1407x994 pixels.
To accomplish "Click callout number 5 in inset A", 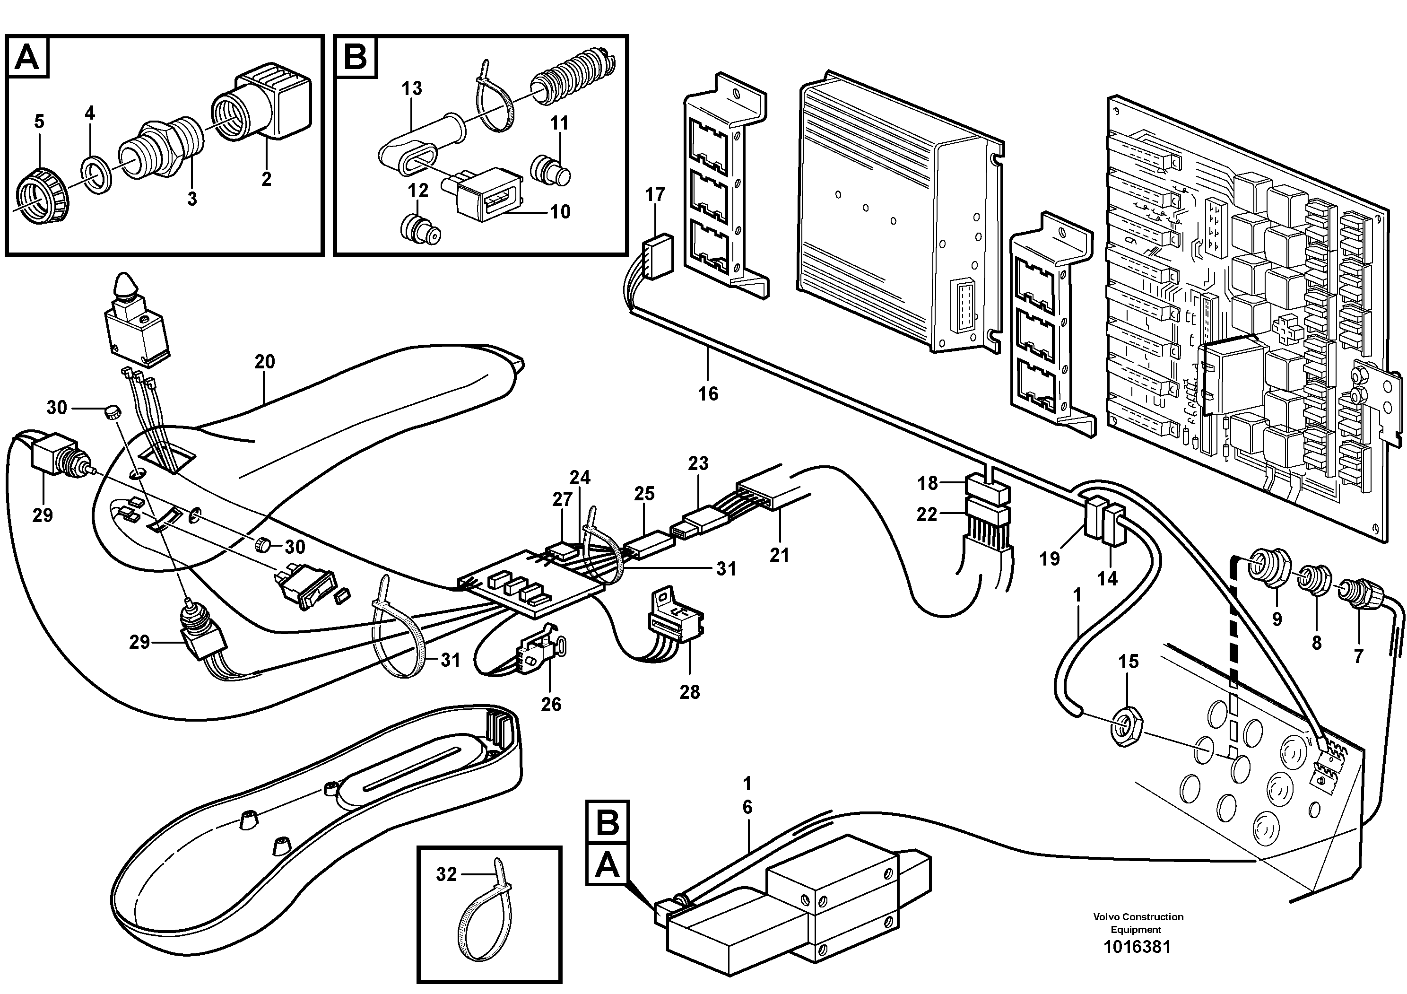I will point(39,122).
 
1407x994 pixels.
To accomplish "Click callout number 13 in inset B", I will point(412,89).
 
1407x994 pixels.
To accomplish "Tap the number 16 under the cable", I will point(708,393).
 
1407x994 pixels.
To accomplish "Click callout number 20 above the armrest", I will point(265,362).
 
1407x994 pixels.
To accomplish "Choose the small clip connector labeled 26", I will point(538,661).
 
